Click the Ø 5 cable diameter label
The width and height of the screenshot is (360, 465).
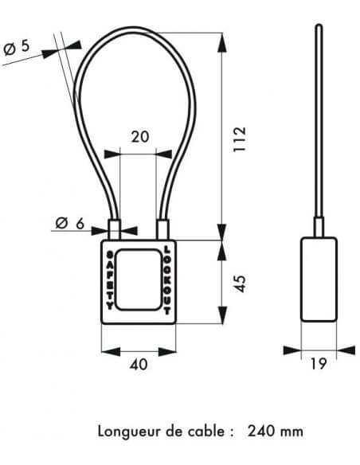click(17, 48)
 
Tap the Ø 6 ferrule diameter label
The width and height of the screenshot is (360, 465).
click(70, 223)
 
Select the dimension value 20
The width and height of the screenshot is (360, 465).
click(140, 137)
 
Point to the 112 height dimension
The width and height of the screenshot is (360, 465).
click(240, 139)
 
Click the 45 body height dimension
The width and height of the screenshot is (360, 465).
click(240, 283)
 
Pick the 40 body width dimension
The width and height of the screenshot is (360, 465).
click(139, 364)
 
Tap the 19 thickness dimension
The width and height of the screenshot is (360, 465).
click(319, 364)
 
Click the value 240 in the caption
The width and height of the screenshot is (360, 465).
click(261, 431)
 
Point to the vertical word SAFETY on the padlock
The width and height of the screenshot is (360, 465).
click(110, 280)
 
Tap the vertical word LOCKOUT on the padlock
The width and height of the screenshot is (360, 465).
click(167, 280)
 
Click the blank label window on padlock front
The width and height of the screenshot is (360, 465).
click(139, 280)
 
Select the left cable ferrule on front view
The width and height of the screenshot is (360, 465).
click(115, 230)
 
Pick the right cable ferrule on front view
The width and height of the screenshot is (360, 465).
click(162, 230)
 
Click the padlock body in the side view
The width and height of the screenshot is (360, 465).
click(319, 279)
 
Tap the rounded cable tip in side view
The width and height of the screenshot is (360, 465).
click(319, 27)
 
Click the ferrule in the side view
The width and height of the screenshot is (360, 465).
click(319, 227)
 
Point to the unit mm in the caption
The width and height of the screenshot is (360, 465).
click(292, 432)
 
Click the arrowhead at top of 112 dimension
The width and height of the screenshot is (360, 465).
click(222, 42)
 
